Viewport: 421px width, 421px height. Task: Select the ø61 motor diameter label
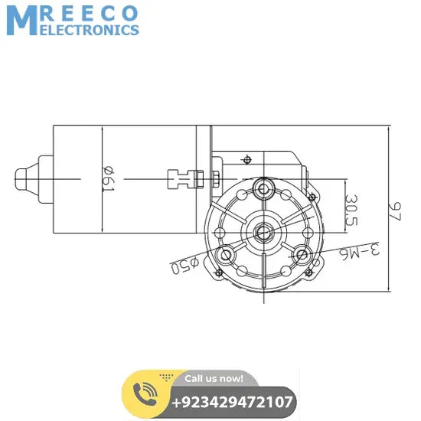[107, 179]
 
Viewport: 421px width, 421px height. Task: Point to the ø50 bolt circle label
[184, 266]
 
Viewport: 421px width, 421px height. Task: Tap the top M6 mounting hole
[264, 188]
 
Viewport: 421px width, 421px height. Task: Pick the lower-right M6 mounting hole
[301, 254]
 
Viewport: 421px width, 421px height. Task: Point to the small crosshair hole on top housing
[246, 159]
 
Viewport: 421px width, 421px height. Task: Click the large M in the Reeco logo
[21, 20]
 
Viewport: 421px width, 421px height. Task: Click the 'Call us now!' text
[214, 377]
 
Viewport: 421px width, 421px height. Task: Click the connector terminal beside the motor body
[182, 179]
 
